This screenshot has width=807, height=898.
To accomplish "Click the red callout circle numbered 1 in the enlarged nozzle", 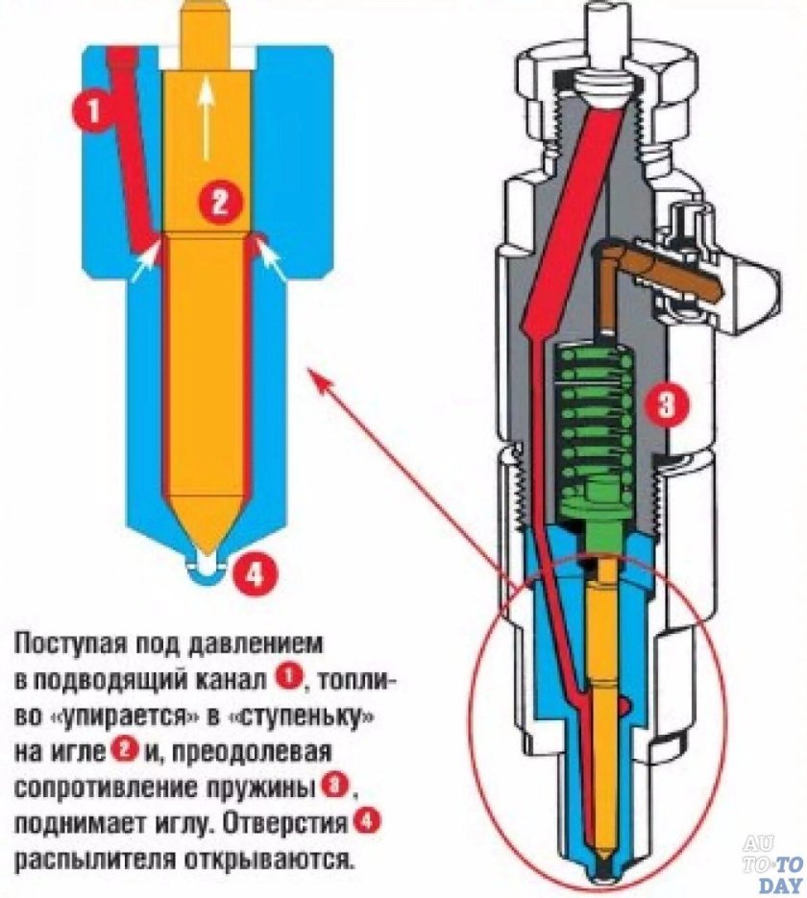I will (93, 111).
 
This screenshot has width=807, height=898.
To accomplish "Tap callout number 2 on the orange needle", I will (219, 203).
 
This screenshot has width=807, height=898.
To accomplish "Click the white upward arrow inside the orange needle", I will (204, 120).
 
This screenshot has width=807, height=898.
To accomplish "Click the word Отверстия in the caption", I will (298, 823).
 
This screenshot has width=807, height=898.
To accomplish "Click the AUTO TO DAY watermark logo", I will (771, 862).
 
